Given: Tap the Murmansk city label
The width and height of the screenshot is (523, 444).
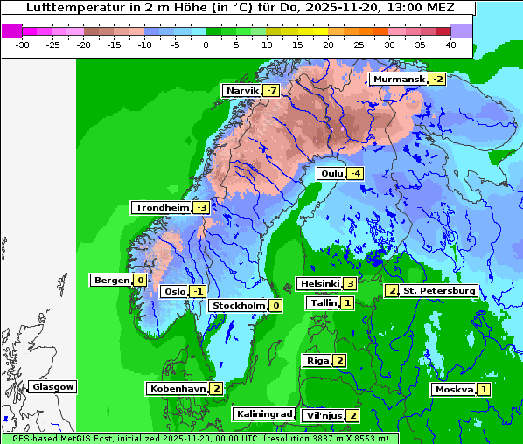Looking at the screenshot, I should [x=399, y=80].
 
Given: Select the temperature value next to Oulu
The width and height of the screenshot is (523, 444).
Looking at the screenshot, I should [x=354, y=174].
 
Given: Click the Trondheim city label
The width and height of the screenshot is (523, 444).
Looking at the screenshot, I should [x=162, y=208].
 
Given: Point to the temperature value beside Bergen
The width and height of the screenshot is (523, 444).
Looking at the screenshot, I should [x=140, y=281].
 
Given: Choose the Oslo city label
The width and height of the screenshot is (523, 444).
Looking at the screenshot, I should [x=175, y=292].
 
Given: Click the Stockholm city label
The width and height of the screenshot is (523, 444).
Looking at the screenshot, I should [x=238, y=306].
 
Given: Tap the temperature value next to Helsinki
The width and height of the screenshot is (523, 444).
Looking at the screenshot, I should [x=349, y=283].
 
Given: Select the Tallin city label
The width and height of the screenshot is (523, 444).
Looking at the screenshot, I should [x=322, y=303].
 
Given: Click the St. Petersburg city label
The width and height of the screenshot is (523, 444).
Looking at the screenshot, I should [x=438, y=291].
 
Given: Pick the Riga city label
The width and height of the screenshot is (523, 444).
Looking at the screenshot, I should [x=317, y=361].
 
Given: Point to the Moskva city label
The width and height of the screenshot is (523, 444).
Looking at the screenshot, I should [x=454, y=390].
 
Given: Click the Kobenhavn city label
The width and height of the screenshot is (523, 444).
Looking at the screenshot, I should [x=178, y=388].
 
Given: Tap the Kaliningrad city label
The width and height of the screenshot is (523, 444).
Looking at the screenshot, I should [x=262, y=414].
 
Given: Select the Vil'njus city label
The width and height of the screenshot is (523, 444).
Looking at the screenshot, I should [x=324, y=416].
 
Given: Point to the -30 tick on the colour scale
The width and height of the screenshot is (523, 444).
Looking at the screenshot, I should [x=23, y=44].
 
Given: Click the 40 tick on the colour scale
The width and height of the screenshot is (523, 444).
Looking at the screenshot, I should [x=450, y=44].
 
